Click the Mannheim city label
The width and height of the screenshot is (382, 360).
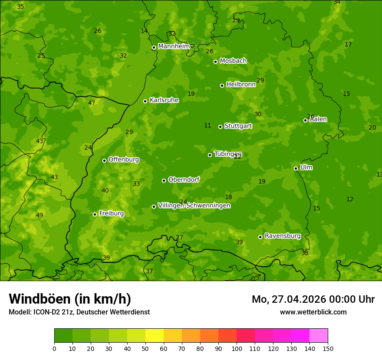click(174, 46)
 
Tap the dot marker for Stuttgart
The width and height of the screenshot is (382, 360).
click(220, 127)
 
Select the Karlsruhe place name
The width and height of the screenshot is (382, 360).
click(164, 100)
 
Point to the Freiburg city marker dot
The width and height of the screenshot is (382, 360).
click(95, 214)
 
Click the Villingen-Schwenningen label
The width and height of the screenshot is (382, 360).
click(194, 206)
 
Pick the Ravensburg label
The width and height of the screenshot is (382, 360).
click(282, 236)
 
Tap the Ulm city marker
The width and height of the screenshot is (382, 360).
click(296, 168)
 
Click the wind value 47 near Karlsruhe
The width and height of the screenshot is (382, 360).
click(92, 103)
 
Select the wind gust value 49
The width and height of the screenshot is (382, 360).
click(40, 216)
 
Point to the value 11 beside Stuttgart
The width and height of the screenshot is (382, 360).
click(207, 126)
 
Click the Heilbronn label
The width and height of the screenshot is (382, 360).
click(241, 85)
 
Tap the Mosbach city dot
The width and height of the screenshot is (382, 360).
click(215, 62)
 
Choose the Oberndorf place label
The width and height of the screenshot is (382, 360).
click(184, 180)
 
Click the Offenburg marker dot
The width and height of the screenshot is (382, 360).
click(104, 160)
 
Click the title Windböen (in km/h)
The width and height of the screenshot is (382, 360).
click(70, 299)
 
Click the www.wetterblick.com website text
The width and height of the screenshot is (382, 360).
click(313, 312)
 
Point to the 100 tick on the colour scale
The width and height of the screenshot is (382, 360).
click(237, 348)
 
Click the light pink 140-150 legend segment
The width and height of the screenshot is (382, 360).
click(319, 336)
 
